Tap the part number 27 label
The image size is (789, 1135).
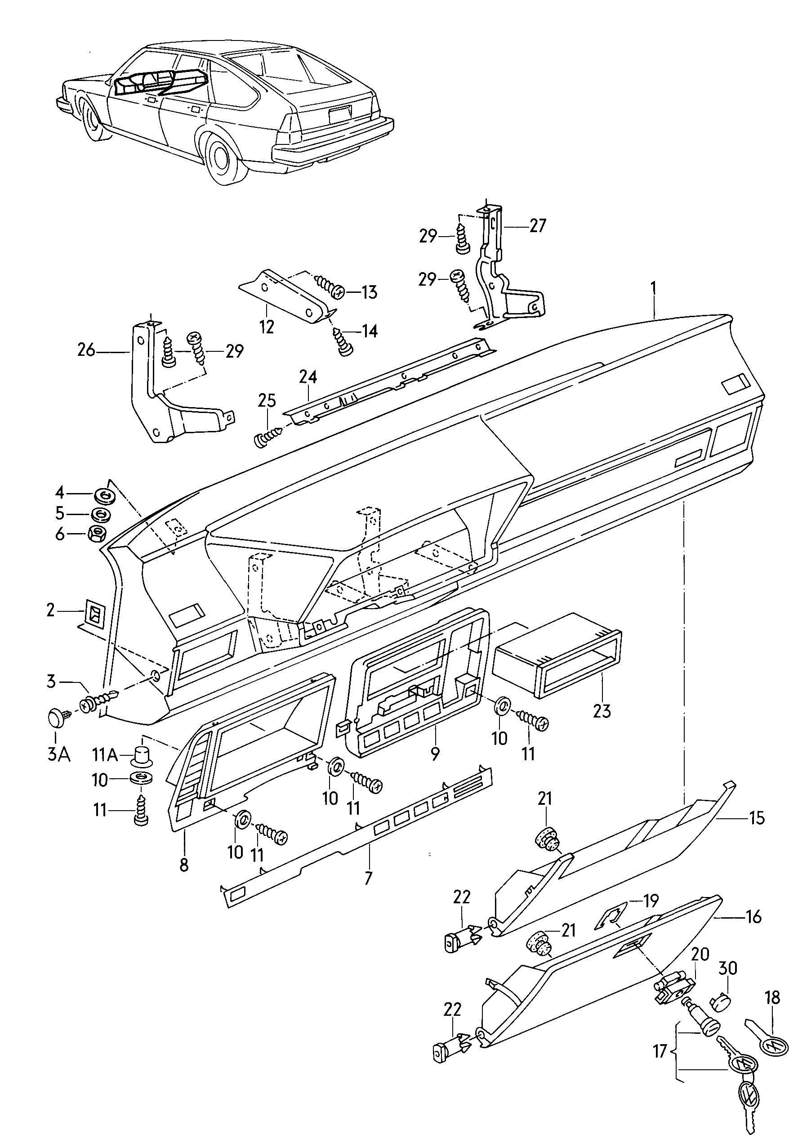[538, 226]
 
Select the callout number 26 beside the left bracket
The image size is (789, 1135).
[86, 350]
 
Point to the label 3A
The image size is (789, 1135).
[58, 754]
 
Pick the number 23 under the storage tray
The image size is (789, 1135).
[602, 711]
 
